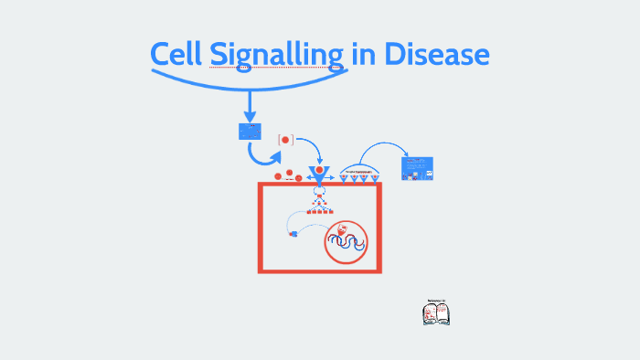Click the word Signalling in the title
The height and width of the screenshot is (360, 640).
pyautogui.click(x=278, y=57)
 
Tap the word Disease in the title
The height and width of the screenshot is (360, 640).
pyautogui.click(x=438, y=55)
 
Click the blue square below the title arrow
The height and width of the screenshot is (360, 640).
pyautogui.click(x=250, y=132)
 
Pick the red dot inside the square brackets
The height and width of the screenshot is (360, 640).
pyautogui.click(x=285, y=140)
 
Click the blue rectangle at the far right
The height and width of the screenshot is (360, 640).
pyautogui.click(x=417, y=168)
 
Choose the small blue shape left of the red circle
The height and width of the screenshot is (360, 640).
pyautogui.click(x=294, y=234)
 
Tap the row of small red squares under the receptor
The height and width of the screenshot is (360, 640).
pyautogui.click(x=319, y=212)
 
